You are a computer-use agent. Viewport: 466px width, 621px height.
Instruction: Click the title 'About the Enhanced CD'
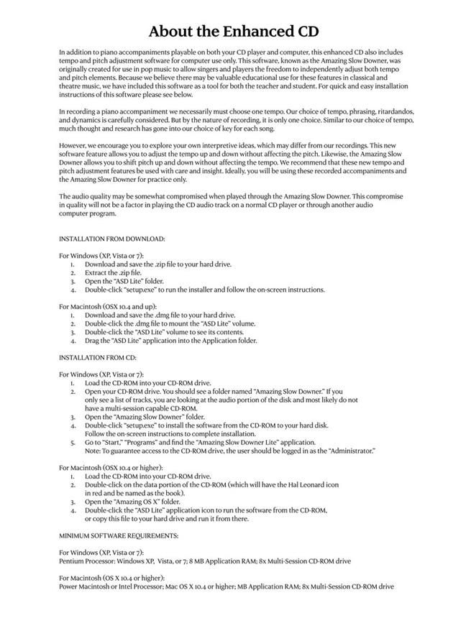coord(233,31)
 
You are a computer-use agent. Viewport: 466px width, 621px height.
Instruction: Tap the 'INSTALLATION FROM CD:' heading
coord(97,356)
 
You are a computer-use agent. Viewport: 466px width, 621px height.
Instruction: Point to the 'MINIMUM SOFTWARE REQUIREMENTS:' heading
coord(118,535)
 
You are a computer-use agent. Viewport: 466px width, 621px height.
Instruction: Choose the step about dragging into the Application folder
coord(170,341)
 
